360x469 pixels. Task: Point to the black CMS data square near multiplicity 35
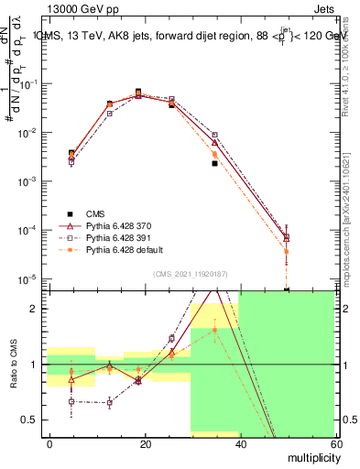214,163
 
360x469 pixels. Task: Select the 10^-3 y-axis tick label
31,181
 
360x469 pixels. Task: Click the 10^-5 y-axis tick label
31,278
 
